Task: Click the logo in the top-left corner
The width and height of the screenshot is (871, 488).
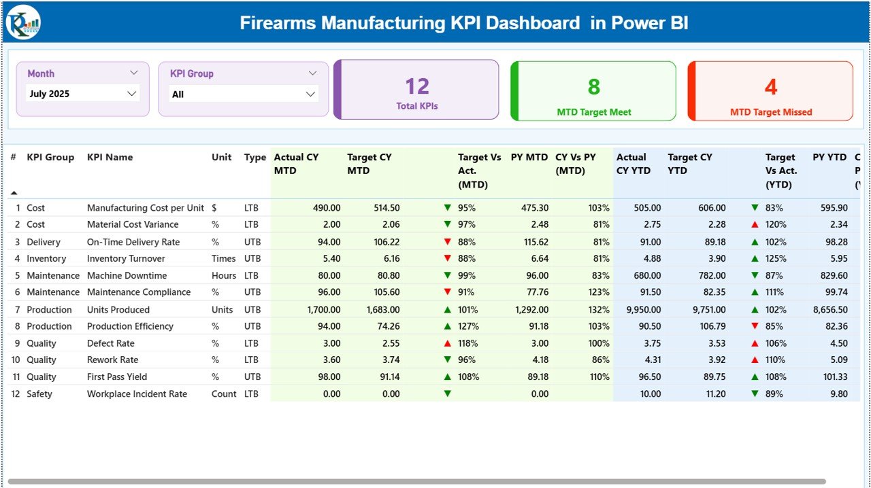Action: (x=23, y=22)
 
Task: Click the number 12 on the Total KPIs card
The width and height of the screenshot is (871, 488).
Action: (x=417, y=86)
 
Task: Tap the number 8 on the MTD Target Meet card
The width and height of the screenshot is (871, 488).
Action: (x=594, y=86)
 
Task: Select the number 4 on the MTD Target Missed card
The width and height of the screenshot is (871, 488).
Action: (x=771, y=86)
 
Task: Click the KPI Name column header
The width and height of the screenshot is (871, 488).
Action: (x=110, y=157)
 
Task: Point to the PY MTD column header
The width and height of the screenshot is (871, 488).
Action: (x=529, y=157)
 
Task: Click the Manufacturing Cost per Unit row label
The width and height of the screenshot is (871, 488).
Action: (x=145, y=208)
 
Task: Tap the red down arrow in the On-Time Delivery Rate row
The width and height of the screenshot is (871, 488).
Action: (x=447, y=241)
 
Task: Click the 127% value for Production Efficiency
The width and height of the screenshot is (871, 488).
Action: (x=468, y=326)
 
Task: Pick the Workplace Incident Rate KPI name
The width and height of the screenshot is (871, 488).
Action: (x=137, y=394)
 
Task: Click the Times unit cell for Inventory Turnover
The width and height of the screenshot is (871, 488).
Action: (x=224, y=258)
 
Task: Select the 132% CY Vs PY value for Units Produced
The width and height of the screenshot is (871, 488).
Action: (x=599, y=309)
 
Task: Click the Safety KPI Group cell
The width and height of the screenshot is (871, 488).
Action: (x=39, y=394)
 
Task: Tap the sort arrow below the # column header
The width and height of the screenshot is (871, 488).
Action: (x=14, y=193)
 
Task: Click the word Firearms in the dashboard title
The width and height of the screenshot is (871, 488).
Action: (x=278, y=23)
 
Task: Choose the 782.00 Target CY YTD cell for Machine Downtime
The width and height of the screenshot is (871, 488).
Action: (x=709, y=275)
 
